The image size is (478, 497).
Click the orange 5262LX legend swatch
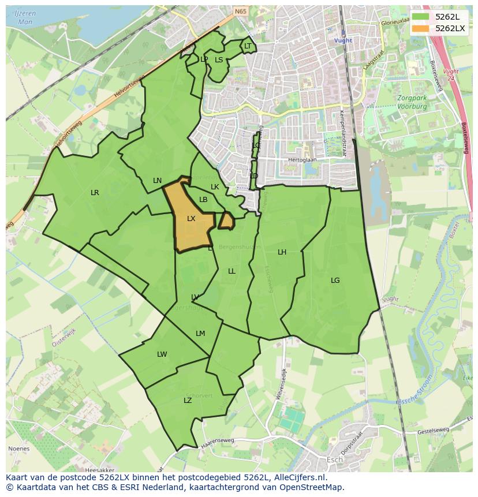420,28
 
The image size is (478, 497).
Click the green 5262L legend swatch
420,16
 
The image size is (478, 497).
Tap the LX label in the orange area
191,219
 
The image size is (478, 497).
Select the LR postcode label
95,193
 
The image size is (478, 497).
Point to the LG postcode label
335,281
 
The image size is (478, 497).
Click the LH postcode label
282,252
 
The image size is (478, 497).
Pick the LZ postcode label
188,400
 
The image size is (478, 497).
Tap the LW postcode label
162,354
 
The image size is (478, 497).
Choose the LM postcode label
200,334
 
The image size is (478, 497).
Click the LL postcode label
231,271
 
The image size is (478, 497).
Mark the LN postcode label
157,181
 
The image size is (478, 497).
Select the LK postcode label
215,187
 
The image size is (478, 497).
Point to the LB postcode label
203,200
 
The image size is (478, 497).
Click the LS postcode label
219,59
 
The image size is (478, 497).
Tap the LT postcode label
248,46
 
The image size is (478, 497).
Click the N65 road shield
240,11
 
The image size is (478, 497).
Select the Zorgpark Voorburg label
412,102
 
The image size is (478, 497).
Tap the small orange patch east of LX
226,220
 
